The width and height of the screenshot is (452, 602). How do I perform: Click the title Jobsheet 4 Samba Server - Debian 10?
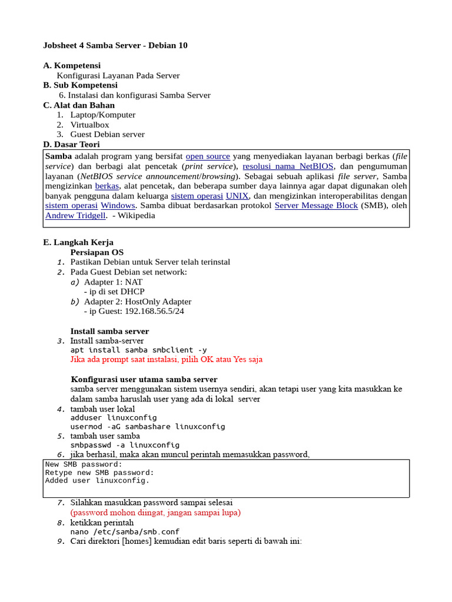tap(115, 45)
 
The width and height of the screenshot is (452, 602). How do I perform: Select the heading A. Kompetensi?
tap(72, 65)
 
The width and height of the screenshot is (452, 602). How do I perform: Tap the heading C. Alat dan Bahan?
tap(79, 105)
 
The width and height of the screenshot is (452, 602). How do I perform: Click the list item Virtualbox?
tap(89, 125)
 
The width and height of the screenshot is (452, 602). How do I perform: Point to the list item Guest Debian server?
tap(107, 135)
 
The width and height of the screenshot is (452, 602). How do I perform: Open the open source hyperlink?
tap(208, 156)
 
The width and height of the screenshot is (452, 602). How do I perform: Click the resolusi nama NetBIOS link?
tap(288, 166)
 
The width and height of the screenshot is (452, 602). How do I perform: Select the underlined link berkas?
tap(107, 186)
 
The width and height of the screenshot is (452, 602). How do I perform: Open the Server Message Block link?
tap(316, 206)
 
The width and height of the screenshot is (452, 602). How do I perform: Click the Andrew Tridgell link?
tap(75, 216)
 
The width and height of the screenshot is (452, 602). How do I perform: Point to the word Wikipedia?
tap(137, 216)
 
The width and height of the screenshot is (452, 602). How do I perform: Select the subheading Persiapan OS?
tap(97, 252)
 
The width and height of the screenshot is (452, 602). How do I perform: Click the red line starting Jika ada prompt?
tap(166, 359)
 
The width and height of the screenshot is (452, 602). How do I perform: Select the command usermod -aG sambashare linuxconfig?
tap(147, 426)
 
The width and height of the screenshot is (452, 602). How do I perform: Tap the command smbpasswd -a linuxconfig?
tap(125, 445)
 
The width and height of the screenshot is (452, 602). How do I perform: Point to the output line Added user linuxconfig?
tap(97, 480)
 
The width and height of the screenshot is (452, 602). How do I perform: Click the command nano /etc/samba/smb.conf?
tap(125, 531)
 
